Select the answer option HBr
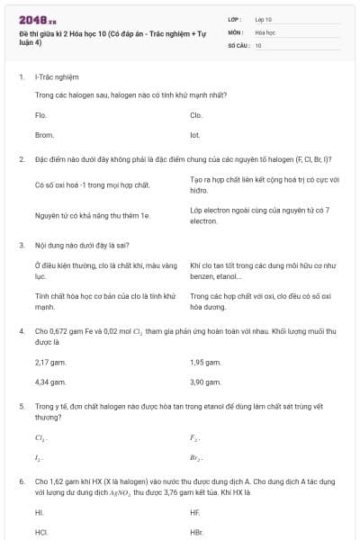pos(197,532)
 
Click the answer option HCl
pos(41,532)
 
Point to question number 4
pos(22,331)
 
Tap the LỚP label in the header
pos(235,19)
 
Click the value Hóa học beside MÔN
pos(265,31)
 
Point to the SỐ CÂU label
pos(238,44)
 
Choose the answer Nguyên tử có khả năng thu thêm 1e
pos(92,215)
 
